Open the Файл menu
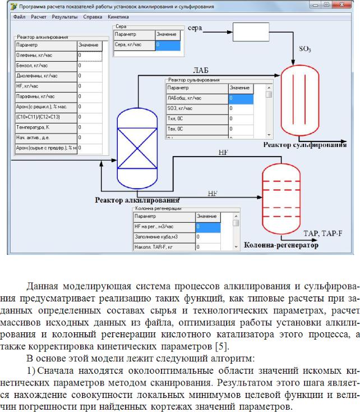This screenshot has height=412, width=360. [19, 17]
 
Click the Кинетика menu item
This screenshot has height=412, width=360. [118, 17]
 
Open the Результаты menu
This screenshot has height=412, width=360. [64, 17]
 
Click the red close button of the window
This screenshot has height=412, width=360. [342, 4]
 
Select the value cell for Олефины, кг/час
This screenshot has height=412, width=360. [90, 56]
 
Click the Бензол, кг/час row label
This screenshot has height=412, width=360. [46, 66]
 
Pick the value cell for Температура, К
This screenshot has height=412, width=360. [90, 128]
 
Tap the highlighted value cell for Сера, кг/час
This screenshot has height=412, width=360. [168, 45]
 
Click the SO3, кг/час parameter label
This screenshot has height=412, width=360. [197, 108]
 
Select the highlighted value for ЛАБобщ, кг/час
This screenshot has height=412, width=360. [241, 99]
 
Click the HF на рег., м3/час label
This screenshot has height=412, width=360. [164, 227]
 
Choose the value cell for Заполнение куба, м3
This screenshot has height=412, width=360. [208, 237]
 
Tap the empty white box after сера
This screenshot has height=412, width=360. [251, 32]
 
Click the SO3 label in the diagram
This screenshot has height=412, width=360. [305, 49]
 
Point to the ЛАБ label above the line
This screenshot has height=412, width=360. [201, 70]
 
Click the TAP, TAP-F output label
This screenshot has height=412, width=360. [323, 234]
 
